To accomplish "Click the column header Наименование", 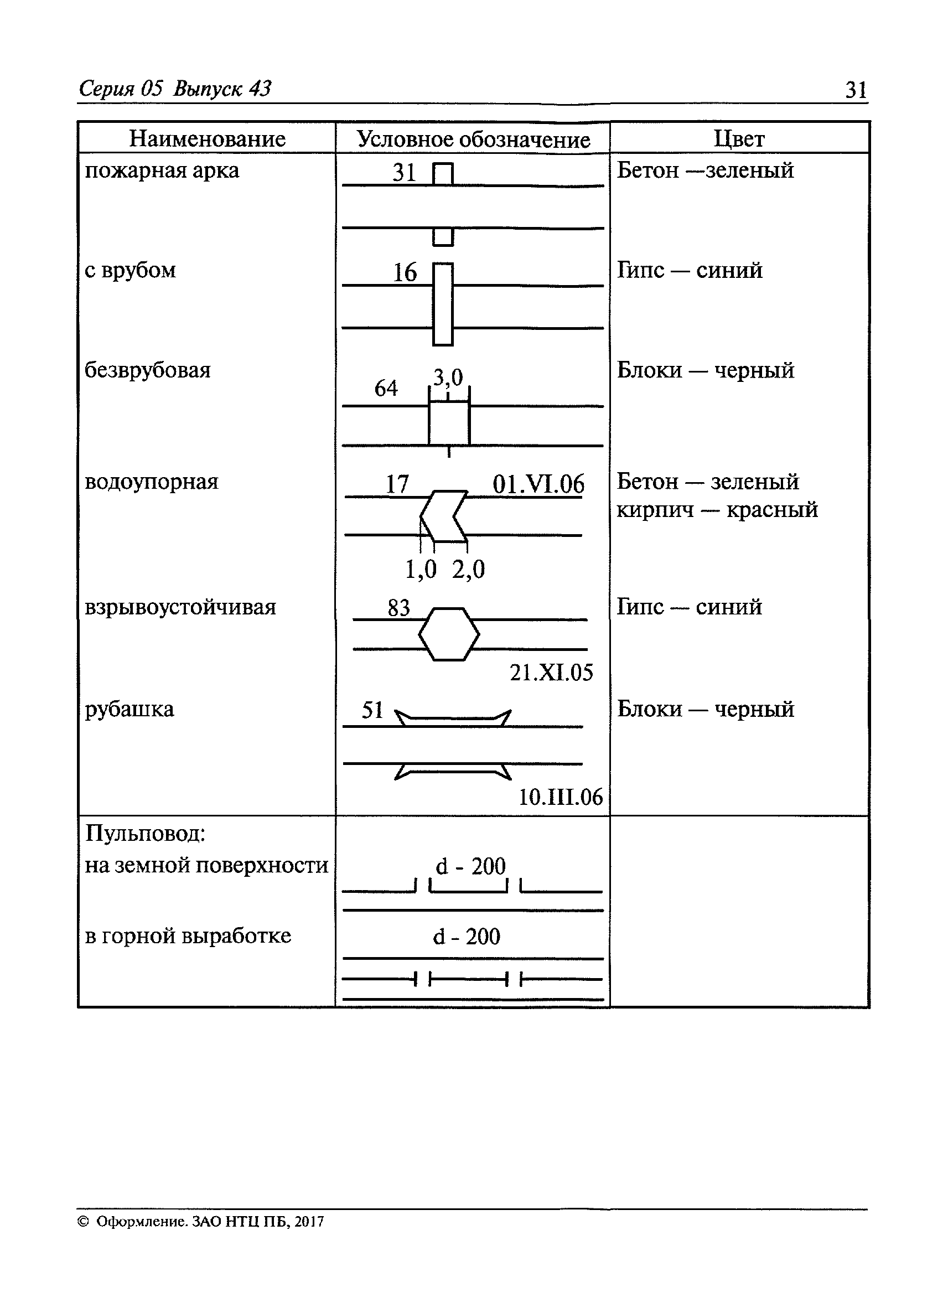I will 207,139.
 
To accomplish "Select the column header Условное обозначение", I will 473,139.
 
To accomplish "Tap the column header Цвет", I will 739,139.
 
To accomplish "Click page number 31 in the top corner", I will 856,90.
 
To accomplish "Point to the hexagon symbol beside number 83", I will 449,634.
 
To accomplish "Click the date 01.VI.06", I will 538,484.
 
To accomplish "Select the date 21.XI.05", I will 551,673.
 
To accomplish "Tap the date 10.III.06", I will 560,797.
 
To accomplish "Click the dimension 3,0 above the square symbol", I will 448,378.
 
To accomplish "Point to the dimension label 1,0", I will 421,569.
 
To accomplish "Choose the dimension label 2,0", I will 468,569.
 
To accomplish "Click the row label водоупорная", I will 152,482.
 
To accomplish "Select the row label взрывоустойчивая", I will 180,607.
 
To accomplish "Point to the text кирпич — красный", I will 717,510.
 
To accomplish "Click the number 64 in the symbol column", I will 386,388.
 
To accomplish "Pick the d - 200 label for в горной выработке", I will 467,937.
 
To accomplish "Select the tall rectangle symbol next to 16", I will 443,304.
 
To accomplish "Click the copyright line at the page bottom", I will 201,1222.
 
